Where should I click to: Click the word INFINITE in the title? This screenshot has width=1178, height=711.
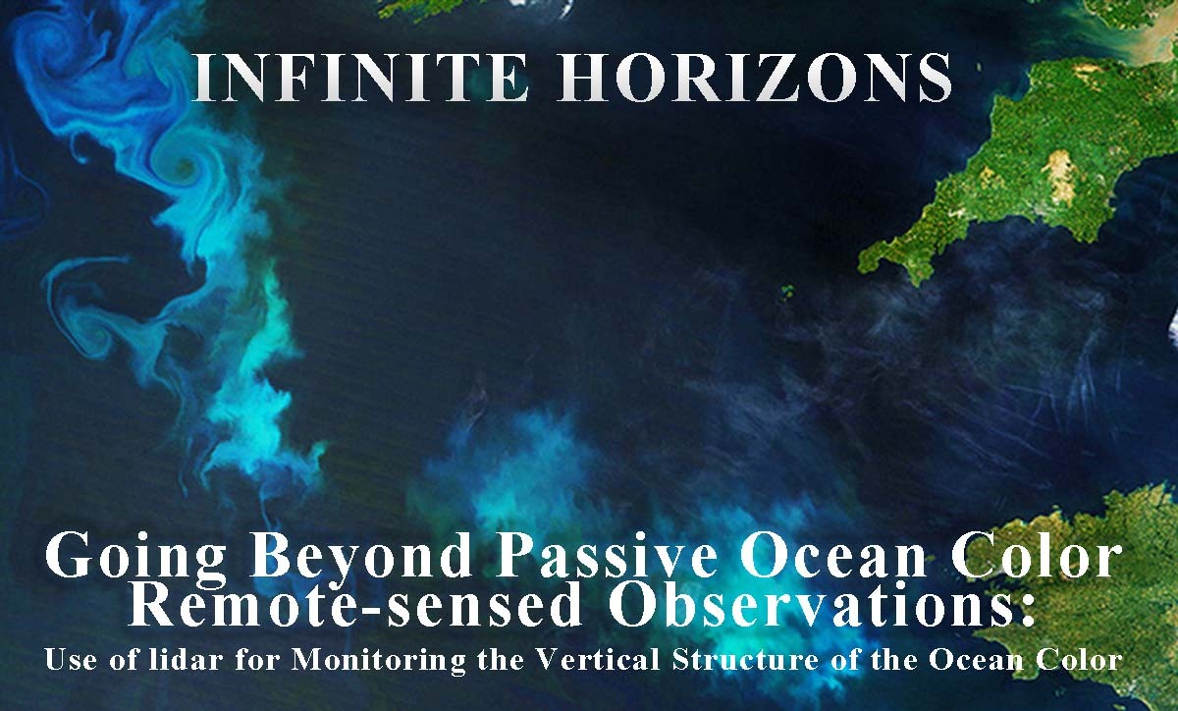coord(362,77)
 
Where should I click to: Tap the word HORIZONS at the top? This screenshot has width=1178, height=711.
coord(754,77)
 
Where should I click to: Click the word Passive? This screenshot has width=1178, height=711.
coord(606,555)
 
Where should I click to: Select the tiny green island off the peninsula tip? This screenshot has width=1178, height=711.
coord(787,291)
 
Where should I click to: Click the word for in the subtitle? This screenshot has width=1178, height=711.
coord(257,659)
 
